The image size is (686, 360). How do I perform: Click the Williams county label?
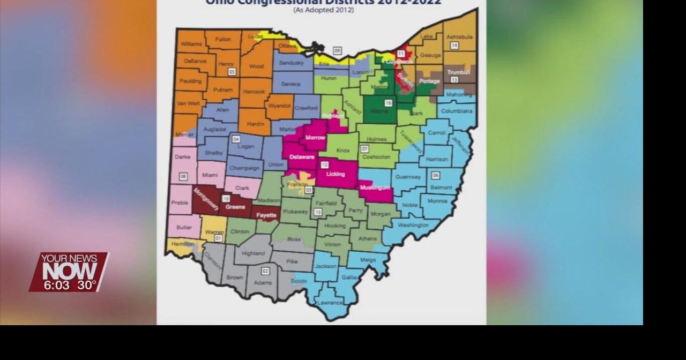pos(191,44)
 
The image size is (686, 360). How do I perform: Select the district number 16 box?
pos(388,103)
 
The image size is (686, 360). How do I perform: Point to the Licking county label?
pos(335,174)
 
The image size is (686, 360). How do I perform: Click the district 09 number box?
pos(337,51)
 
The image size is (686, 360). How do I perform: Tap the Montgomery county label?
pos(206,198)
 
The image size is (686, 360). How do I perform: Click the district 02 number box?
pos(265,271)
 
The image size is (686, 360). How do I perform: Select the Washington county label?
pos(413,225)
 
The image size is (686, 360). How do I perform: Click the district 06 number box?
pos(435,175)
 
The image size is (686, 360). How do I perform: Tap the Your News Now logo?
pos(69,266)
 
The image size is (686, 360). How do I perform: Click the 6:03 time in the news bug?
pos(56,285)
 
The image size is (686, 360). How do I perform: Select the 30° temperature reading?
pos(86,285)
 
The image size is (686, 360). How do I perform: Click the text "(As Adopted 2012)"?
pos(323,10)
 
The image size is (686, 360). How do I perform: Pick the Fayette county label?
pos(266,215)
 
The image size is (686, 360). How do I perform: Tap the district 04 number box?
pos(236,139)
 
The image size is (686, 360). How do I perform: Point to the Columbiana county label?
pos(457,111)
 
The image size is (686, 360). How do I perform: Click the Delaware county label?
pos(302,157)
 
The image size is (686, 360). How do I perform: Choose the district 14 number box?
pos(454,46)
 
